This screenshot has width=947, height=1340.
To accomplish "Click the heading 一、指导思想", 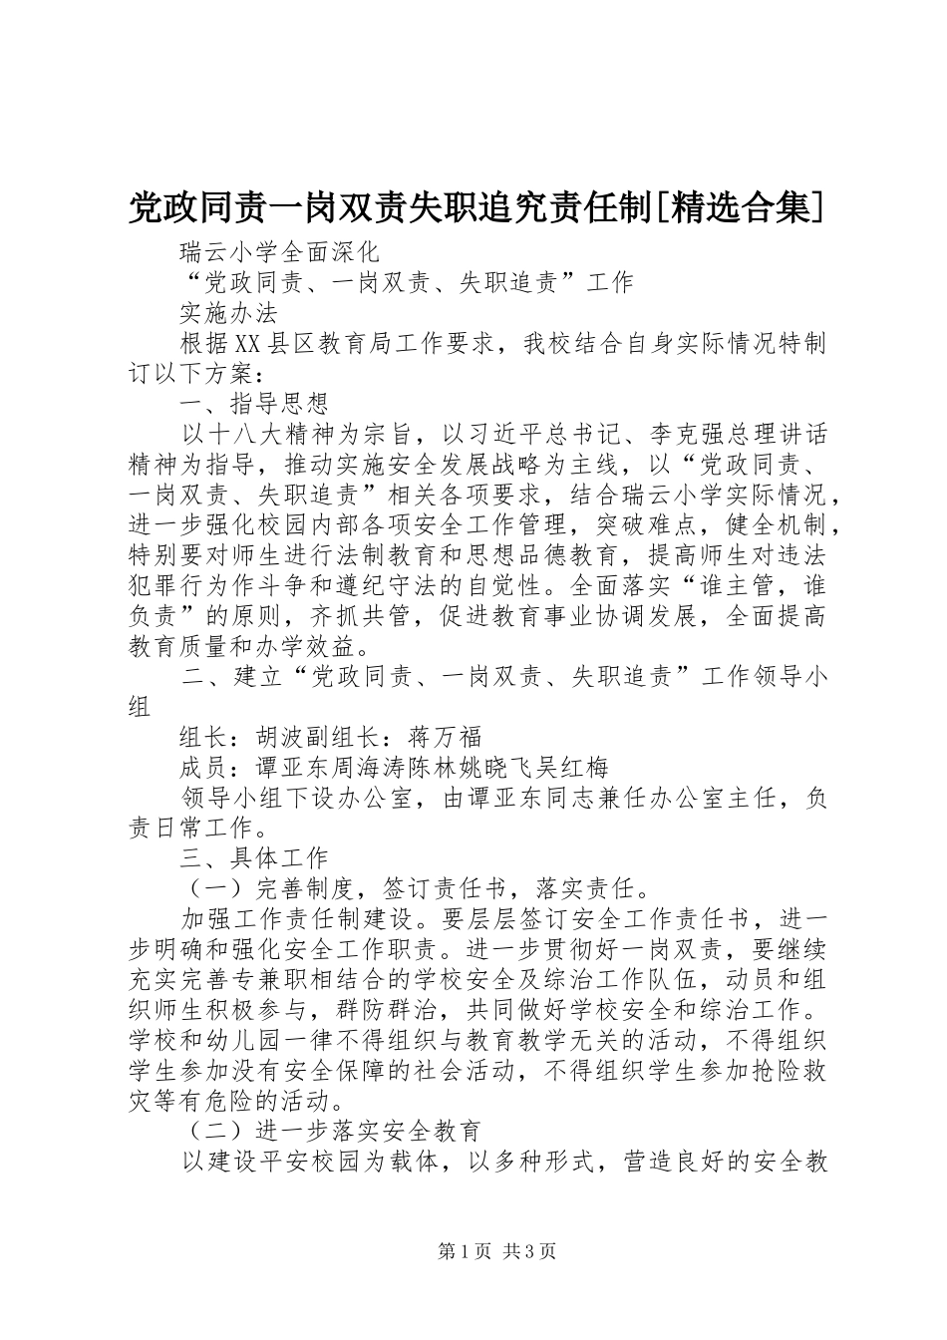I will pos(254,404).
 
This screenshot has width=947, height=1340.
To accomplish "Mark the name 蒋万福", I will pos(446,738).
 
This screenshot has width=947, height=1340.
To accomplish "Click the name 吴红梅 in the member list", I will pos(573,768).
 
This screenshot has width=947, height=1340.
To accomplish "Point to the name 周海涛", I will pos(366,768).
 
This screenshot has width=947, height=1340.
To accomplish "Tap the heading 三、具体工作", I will pos(254,857).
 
